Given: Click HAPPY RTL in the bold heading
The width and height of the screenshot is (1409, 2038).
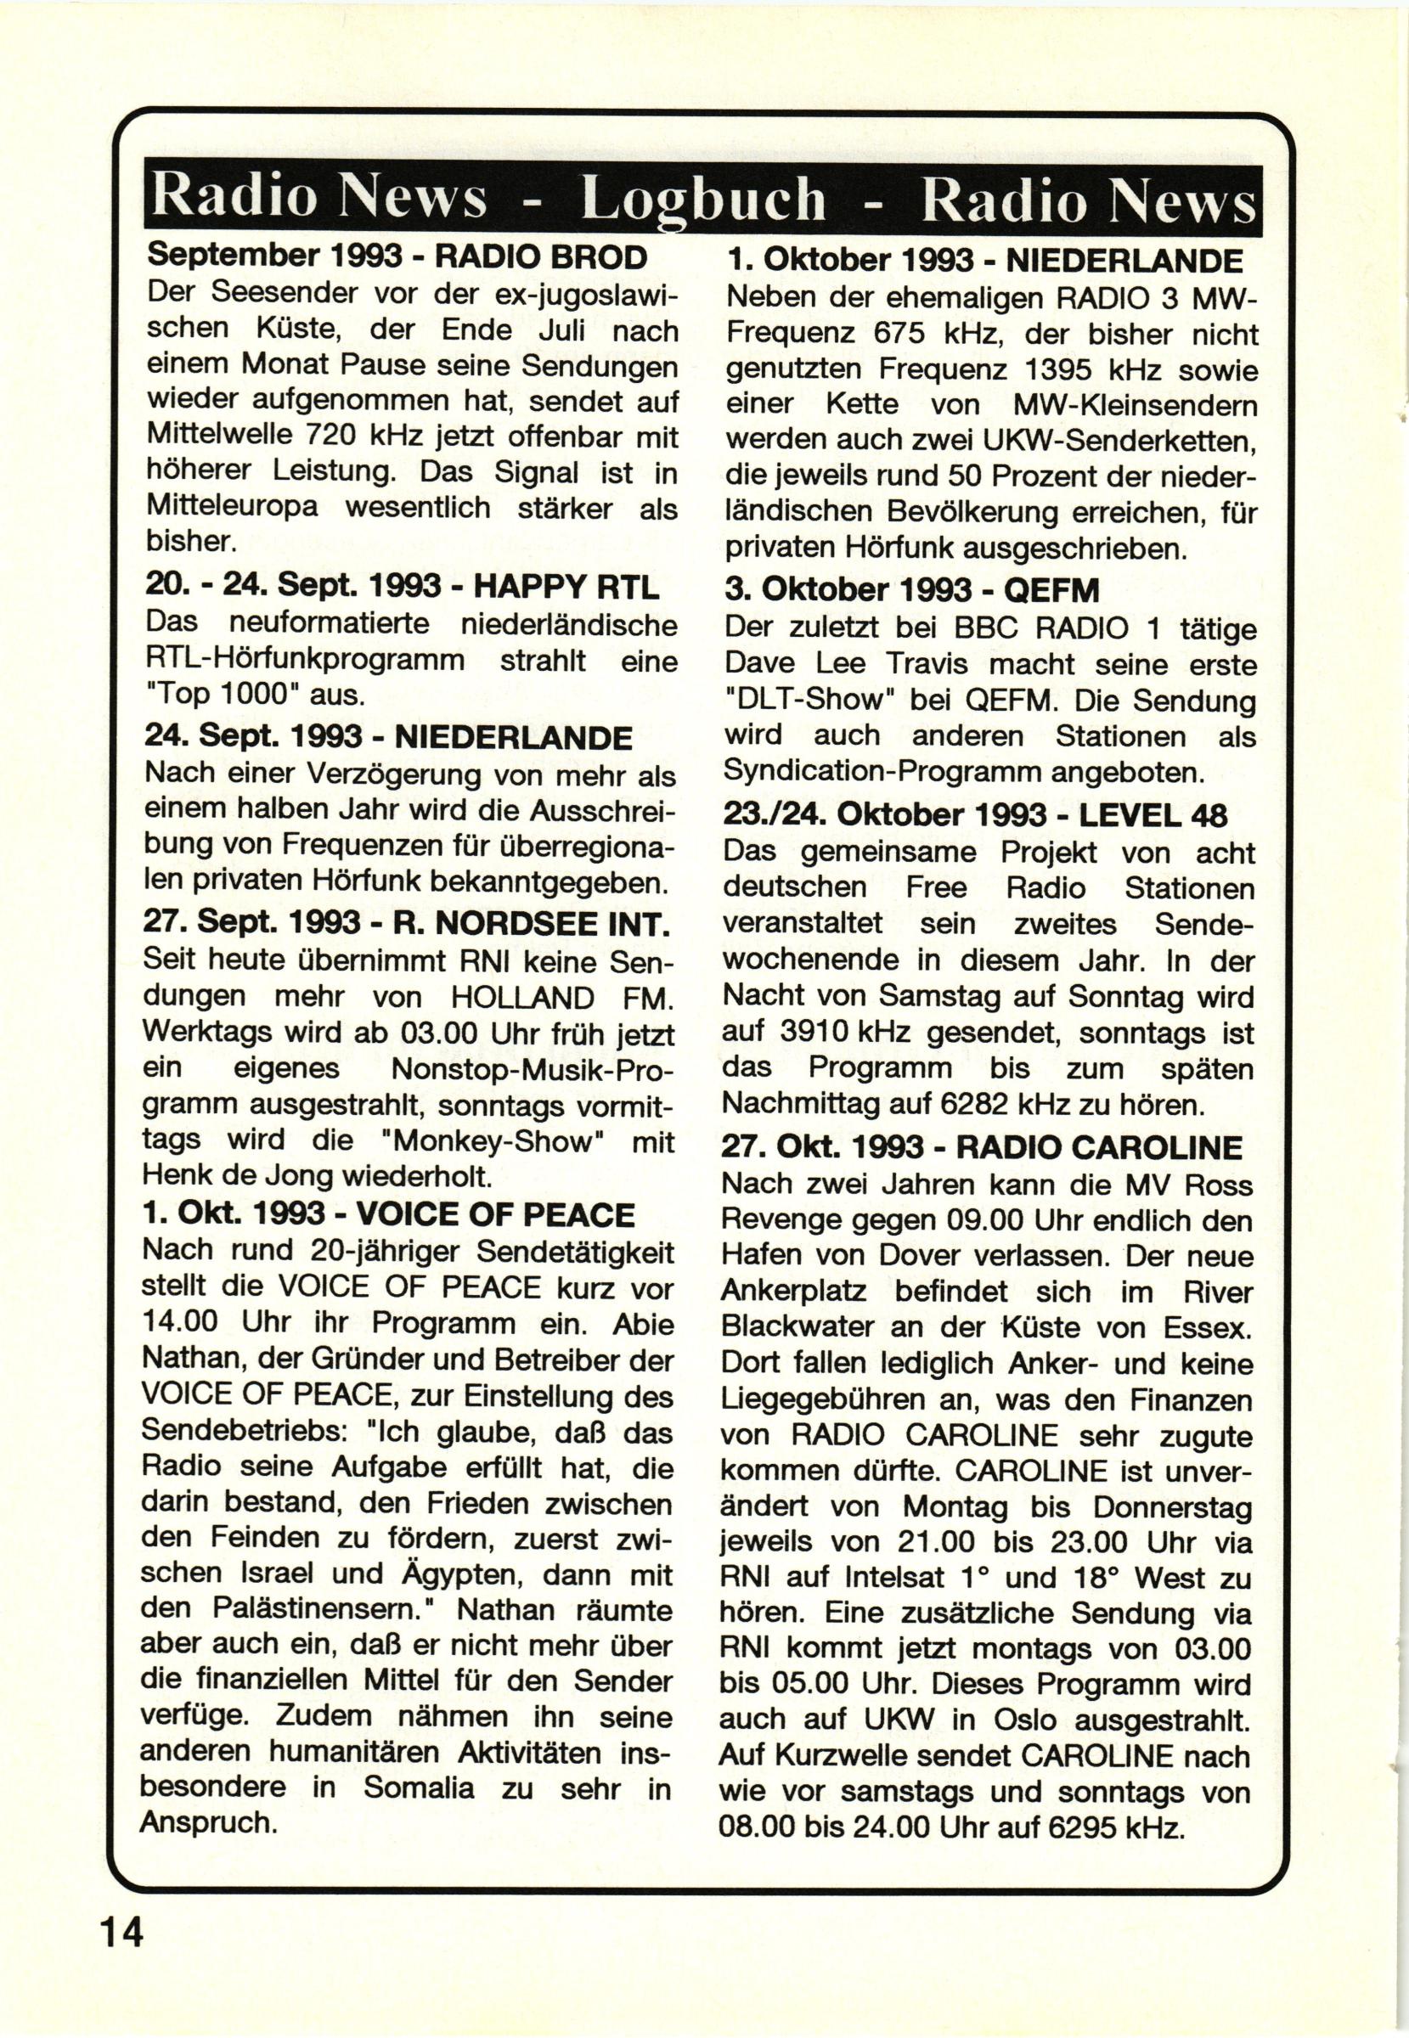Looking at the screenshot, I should (x=567, y=586).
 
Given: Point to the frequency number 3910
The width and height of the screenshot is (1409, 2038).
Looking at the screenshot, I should (x=814, y=1032).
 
